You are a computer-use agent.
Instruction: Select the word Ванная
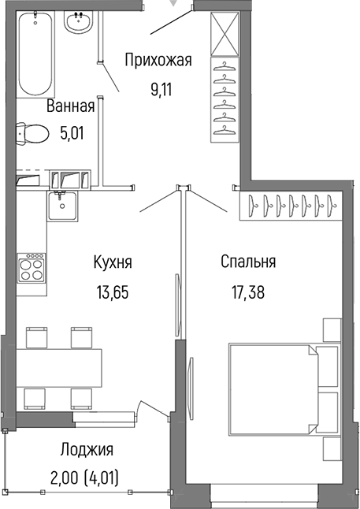point(70,106)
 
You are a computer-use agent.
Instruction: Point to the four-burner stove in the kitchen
point(32,269)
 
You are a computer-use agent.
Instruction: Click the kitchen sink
point(61,207)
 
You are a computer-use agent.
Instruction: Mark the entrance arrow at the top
point(185,5)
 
